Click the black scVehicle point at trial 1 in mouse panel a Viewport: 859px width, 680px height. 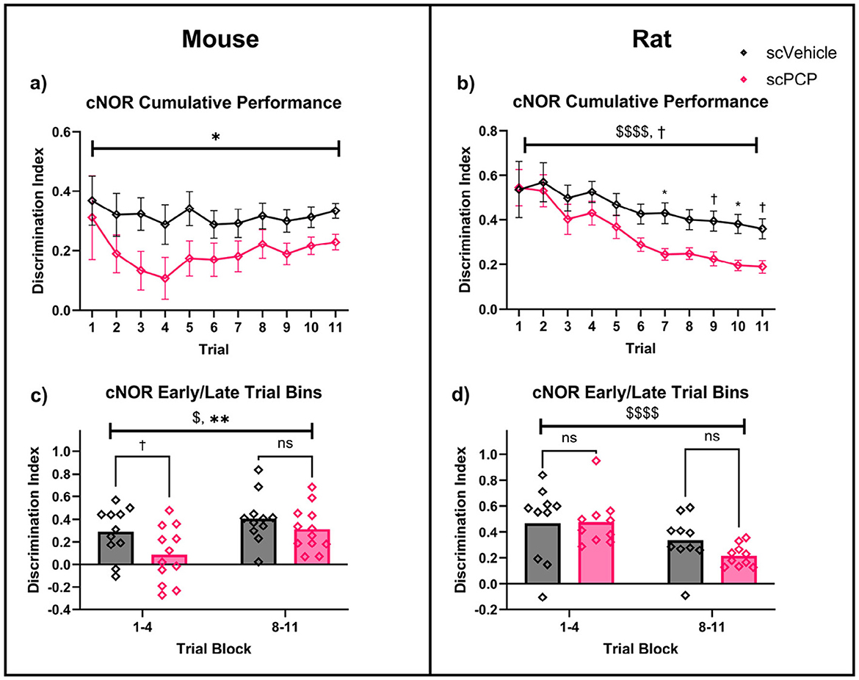tap(92, 200)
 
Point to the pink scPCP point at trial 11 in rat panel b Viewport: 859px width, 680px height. tap(763, 267)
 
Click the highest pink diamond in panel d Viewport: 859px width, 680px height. tap(598, 460)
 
